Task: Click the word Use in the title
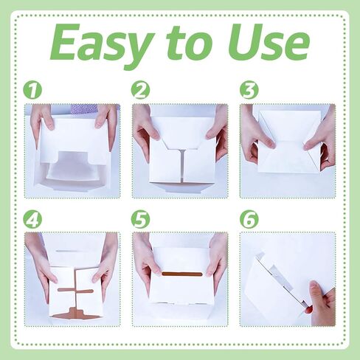(269, 42)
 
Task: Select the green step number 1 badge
(32, 90)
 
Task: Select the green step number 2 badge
(140, 90)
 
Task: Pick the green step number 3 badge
(249, 90)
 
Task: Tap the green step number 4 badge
(32, 219)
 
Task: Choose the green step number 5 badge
(140, 219)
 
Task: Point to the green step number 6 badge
(249, 219)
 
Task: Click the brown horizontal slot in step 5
(182, 274)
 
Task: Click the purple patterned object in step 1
(84, 108)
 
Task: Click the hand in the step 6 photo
(321, 303)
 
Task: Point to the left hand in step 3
(256, 138)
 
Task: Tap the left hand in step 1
(42, 123)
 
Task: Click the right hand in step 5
(216, 260)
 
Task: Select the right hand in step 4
(105, 266)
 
